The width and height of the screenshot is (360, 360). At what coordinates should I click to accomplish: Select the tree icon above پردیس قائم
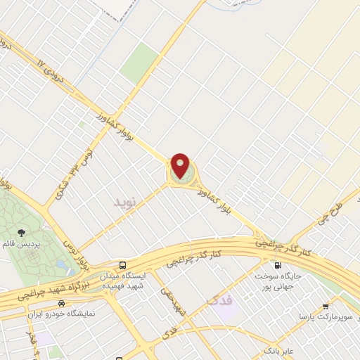[22, 231]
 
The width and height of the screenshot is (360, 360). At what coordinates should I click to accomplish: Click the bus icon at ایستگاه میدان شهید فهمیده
[123, 266]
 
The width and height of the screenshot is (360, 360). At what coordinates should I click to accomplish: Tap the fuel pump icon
[278, 266]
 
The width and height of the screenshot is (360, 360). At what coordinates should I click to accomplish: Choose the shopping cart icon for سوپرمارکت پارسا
[325, 306]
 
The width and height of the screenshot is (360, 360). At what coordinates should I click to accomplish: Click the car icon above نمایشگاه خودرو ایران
[61, 303]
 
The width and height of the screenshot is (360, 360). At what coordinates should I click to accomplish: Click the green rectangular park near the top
[139, 63]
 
